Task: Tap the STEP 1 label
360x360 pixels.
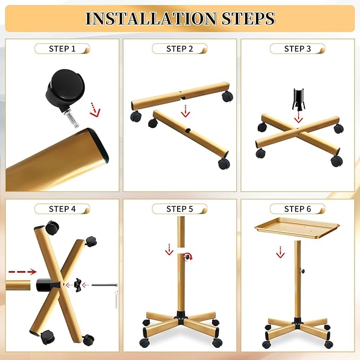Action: point(62,49)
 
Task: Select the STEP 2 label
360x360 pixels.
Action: point(180,49)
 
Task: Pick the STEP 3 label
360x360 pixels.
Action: point(297,49)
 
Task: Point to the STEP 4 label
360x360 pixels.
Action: point(62,209)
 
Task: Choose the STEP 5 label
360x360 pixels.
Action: point(180,209)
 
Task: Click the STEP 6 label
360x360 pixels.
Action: point(297,209)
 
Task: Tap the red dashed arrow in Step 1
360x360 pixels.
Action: point(94,109)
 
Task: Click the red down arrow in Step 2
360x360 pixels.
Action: point(185,110)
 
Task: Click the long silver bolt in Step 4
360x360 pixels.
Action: point(104,285)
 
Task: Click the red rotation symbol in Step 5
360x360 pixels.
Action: point(187,257)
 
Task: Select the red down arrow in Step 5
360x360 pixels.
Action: point(169,249)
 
